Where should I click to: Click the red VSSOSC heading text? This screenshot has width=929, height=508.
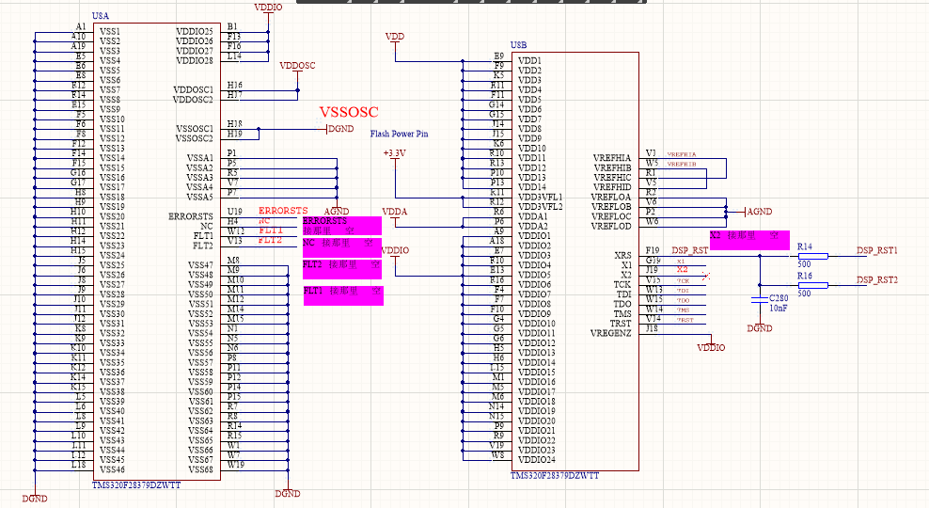[x=348, y=112]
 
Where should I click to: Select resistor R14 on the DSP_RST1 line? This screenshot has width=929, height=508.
[x=812, y=255]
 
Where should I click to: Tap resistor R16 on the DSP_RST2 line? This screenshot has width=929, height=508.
[x=812, y=284]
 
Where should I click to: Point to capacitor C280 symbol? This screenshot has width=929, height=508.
[x=760, y=298]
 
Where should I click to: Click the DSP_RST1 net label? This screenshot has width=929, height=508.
[x=876, y=251]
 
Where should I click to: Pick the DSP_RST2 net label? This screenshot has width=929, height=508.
[x=876, y=280]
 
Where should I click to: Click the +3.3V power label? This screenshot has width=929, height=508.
[x=394, y=152]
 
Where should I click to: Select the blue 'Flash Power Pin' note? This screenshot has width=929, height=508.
[x=399, y=134]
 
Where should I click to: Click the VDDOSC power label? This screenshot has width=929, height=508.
[x=298, y=66]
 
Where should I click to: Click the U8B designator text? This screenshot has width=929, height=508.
[x=519, y=45]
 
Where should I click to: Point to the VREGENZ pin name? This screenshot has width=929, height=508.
[x=611, y=333]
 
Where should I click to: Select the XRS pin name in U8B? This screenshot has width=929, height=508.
[x=622, y=255]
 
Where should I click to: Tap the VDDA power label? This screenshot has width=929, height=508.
[x=394, y=212]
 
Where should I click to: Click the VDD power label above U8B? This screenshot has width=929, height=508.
[x=395, y=37]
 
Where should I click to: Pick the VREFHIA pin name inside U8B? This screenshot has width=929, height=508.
[x=612, y=157]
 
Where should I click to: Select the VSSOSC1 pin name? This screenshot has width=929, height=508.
[x=195, y=128]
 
